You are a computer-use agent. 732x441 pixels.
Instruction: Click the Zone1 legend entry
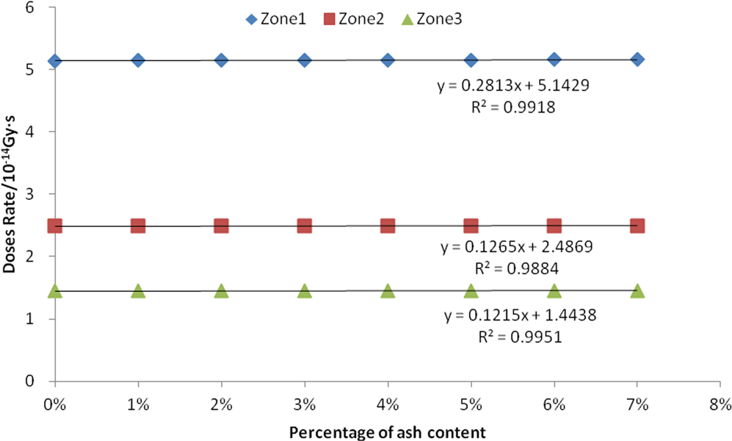pyautogui.click(x=275, y=18)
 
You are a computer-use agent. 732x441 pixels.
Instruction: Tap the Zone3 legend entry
pyautogui.click(x=437, y=18)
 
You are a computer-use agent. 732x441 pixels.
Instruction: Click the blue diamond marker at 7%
pyautogui.click(x=637, y=59)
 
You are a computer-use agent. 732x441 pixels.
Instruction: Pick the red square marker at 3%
pyautogui.click(x=305, y=226)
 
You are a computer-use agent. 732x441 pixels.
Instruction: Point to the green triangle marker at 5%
pyautogui.click(x=471, y=291)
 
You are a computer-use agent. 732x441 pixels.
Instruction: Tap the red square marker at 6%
pyautogui.click(x=554, y=226)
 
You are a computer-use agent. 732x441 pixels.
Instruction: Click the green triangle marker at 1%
pyautogui.click(x=138, y=291)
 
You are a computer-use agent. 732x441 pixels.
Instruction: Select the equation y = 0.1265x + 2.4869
pyautogui.click(x=514, y=247)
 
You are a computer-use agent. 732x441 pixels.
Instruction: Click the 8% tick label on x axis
pyautogui.click(x=720, y=404)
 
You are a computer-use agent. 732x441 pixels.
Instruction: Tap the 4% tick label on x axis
pyautogui.click(x=388, y=404)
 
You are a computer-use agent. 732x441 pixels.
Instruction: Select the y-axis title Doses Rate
pyautogui.click(x=10, y=194)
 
